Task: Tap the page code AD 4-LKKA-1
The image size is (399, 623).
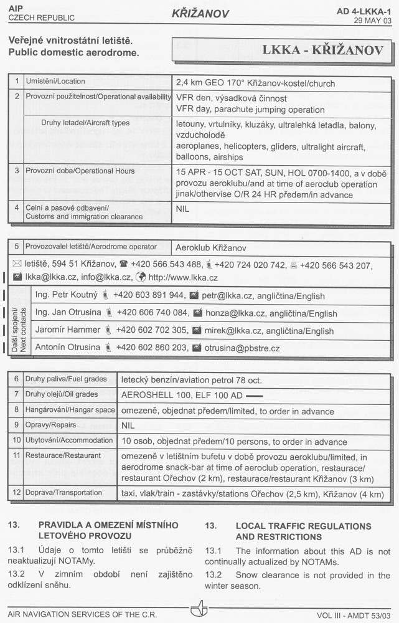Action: coord(364,11)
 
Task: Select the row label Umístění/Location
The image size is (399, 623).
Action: coord(55,82)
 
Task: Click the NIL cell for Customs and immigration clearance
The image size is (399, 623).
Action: coord(182,209)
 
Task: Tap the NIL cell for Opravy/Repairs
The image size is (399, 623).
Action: coord(128,426)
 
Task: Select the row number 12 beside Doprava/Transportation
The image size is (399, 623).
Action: coord(16,493)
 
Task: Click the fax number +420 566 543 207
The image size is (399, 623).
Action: coord(336,265)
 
